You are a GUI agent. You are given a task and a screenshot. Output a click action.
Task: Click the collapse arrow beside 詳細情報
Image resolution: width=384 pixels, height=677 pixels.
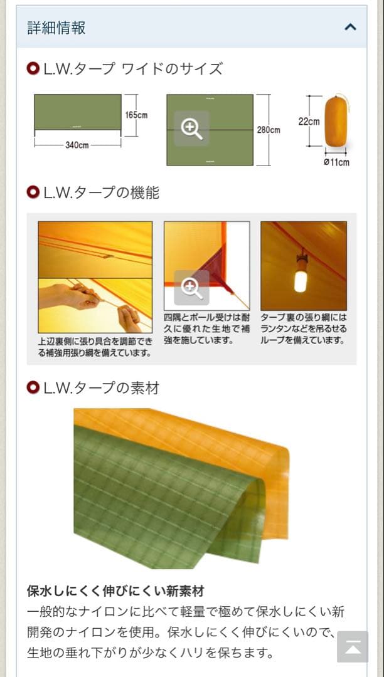coord(351,27)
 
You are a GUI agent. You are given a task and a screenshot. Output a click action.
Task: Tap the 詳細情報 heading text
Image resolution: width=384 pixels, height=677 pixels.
coord(56,28)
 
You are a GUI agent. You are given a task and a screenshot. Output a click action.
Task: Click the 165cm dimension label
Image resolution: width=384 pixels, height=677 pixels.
coord(136,115)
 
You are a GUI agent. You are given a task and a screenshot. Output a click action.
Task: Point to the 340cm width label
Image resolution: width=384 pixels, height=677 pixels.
coord(77,145)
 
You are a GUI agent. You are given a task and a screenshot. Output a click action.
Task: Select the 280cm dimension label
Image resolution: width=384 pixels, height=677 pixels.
coord(269,130)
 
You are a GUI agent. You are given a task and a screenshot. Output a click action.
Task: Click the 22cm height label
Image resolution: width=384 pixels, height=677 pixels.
coord(309,122)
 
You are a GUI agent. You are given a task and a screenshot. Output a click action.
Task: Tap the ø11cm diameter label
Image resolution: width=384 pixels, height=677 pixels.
coord(336,163)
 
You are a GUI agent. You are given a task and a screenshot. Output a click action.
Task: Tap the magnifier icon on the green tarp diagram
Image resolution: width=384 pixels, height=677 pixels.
coord(191,129)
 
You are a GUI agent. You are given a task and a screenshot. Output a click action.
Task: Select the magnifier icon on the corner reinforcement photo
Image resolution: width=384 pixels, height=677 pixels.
coord(191,288)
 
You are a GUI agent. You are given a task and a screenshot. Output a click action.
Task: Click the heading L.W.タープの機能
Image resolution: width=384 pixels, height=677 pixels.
coord(101,193)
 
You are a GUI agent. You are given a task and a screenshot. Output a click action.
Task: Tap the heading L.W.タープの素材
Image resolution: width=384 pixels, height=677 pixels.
coord(101,388)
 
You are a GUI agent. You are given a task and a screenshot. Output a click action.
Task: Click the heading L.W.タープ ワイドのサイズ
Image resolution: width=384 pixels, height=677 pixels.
coord(132,69)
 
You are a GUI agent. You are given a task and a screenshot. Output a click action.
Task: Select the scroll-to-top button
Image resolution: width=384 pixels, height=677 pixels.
coord(353,647)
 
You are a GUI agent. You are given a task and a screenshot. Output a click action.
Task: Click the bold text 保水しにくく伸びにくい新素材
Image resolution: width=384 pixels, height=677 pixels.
coord(115,591)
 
